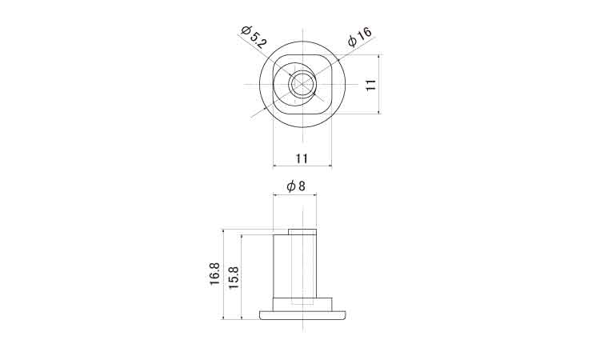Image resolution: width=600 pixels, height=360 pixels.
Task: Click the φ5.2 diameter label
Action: click(x=254, y=37)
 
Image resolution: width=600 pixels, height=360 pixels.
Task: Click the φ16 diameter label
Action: click(x=360, y=36)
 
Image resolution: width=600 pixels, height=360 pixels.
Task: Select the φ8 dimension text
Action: click(x=296, y=186)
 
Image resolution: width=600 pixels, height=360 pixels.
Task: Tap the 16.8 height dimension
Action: click(x=214, y=273)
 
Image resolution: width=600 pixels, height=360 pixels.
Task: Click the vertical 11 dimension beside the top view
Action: click(x=370, y=85)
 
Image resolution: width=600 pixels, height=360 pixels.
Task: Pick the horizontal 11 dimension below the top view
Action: click(x=302, y=158)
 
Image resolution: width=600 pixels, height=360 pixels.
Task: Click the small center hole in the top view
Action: click(x=302, y=84)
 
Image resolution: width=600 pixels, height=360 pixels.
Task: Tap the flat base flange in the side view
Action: click(x=302, y=315)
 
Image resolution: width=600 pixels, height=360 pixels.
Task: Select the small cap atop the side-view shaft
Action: click(x=302, y=232)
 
